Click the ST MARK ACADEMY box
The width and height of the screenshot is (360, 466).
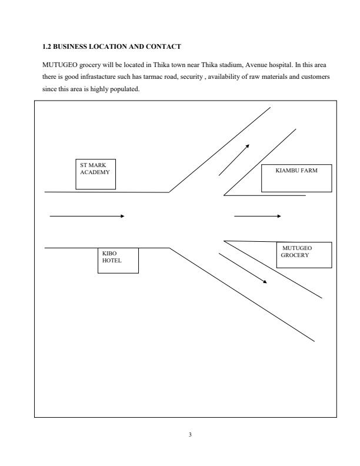click(95, 174)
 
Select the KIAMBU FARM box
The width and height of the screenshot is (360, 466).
click(296, 178)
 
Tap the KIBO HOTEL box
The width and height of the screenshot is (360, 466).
click(118, 260)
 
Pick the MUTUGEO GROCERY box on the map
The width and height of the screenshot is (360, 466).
click(304, 255)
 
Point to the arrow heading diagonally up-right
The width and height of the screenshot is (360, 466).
click(234, 159)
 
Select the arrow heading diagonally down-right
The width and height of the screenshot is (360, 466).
click(243, 268)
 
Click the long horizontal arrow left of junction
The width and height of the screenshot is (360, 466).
click(87, 216)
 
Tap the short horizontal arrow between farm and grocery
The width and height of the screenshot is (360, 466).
click(258, 216)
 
